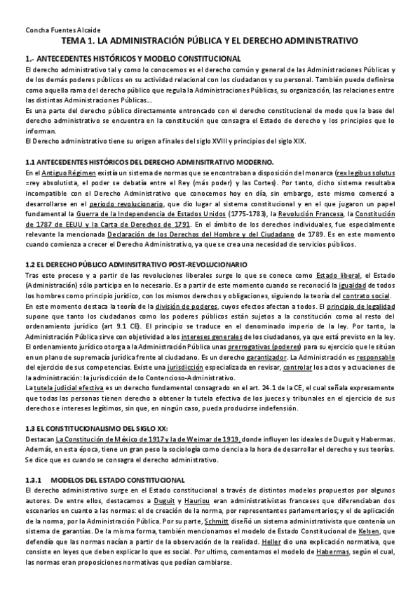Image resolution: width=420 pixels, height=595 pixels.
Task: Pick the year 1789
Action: click(x=301, y=236)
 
